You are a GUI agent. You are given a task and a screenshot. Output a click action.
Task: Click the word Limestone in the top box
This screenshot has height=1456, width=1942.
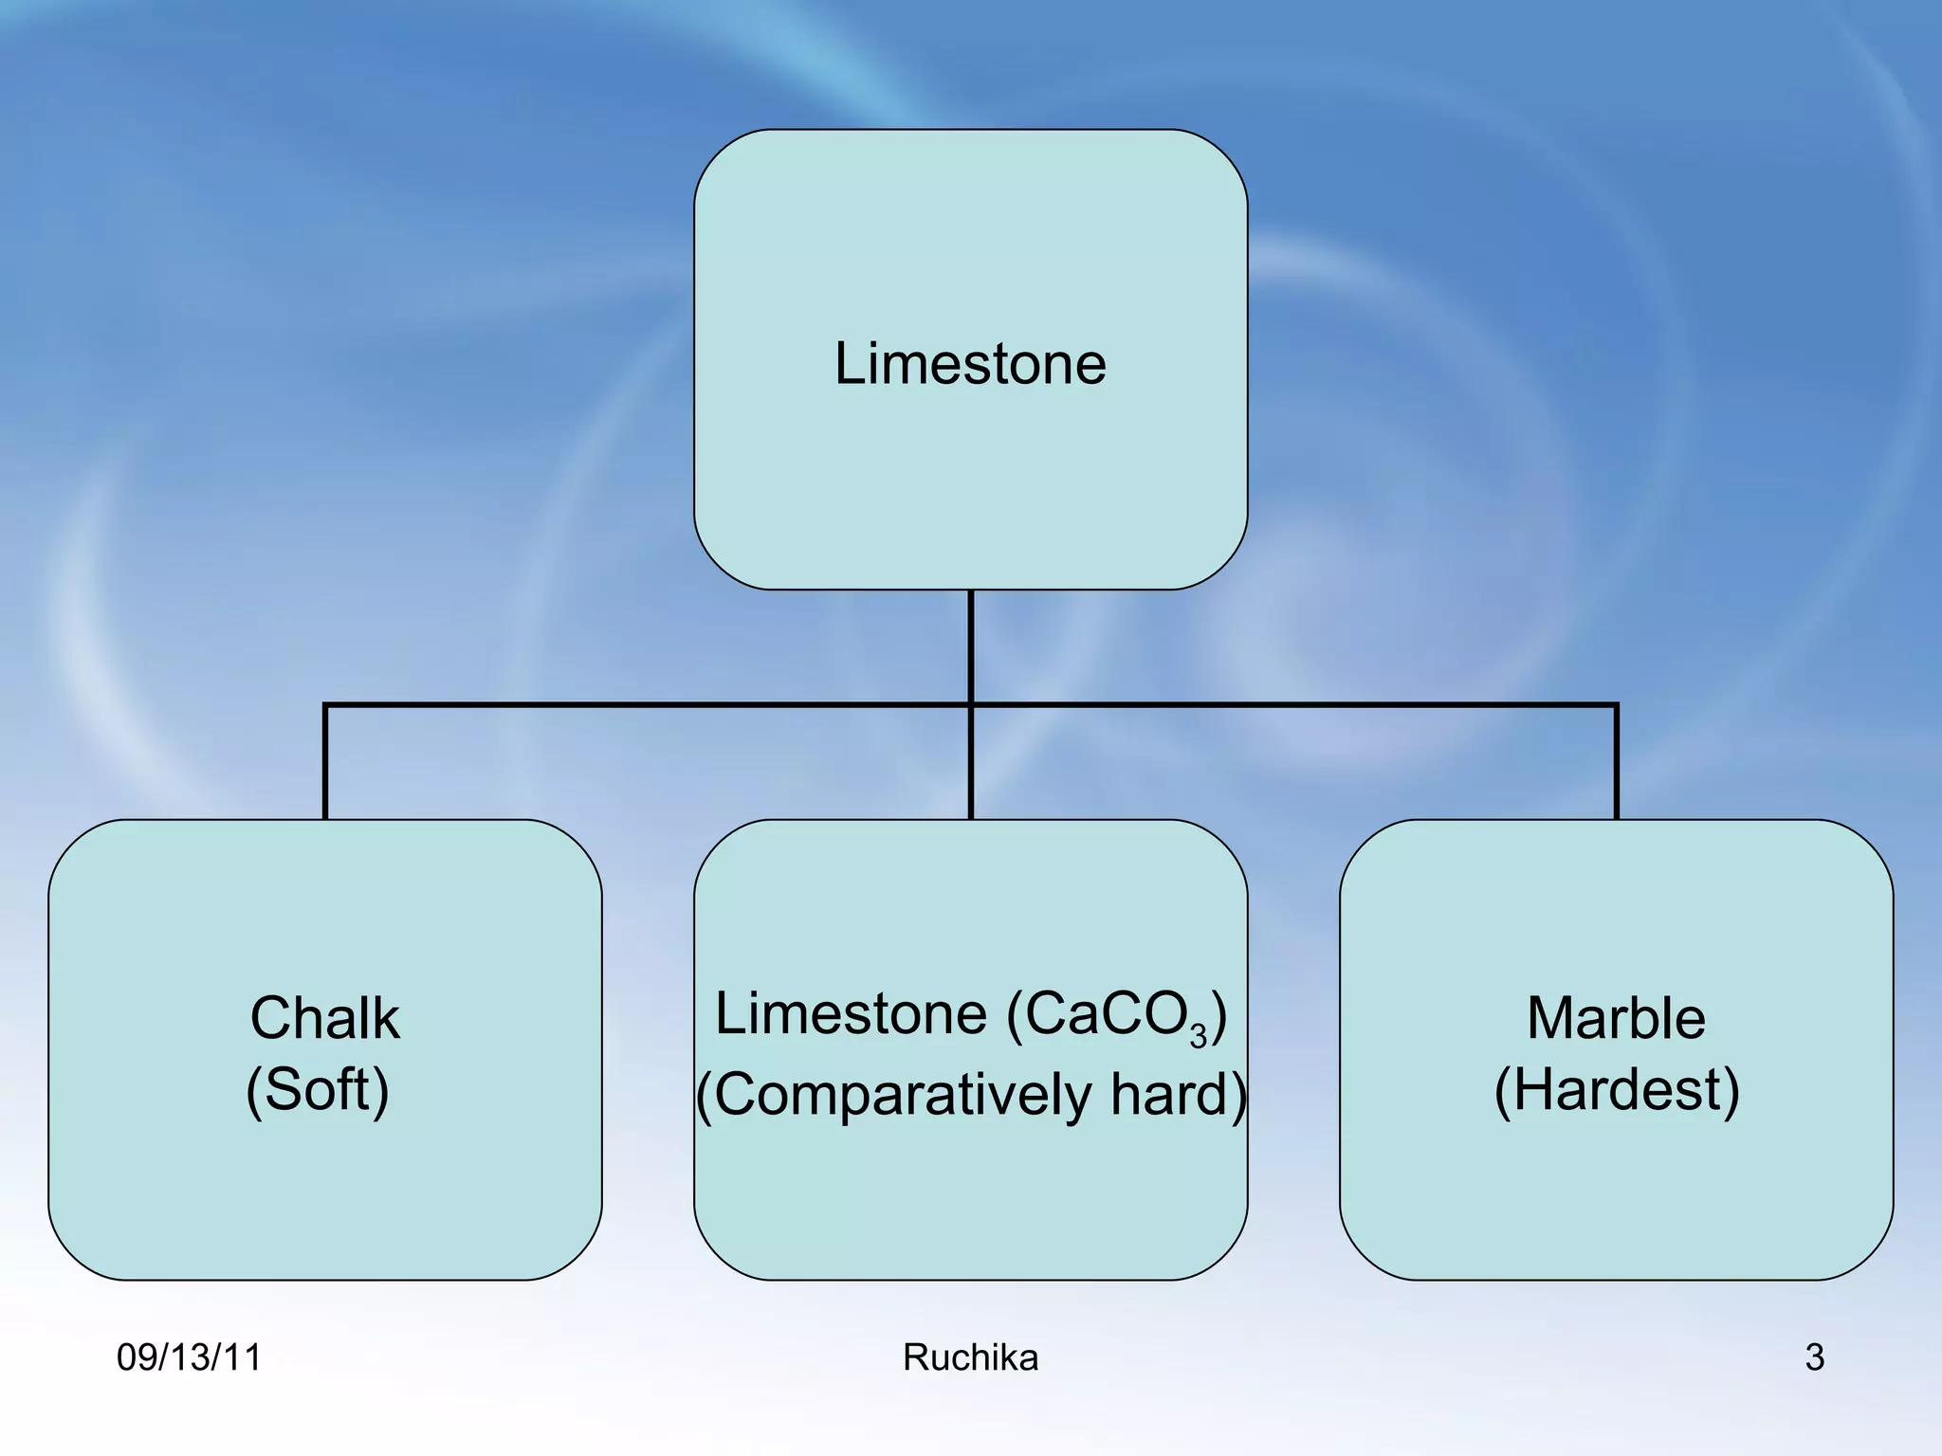point(970,363)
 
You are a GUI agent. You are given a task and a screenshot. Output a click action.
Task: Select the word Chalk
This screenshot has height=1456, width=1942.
point(324,1018)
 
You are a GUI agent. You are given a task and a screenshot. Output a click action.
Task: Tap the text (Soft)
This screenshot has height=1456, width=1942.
point(318,1090)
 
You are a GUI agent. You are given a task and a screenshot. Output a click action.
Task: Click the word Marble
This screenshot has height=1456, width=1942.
point(1616,1018)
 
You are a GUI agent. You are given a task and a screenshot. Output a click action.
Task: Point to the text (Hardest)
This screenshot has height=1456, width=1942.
point(1616,1090)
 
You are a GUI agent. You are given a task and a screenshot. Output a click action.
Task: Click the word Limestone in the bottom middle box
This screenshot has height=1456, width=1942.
point(851,1014)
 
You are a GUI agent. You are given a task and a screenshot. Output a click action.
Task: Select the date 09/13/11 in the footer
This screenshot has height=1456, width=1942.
point(189,1357)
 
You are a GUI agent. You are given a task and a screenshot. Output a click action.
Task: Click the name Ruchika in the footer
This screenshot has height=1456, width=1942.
point(970,1357)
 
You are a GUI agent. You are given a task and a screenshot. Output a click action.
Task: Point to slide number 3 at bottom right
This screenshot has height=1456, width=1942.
point(1814,1357)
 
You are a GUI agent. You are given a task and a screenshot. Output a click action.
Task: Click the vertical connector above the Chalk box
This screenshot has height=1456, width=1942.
point(325,763)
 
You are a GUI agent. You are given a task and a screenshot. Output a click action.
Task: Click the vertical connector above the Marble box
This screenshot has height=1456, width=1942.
point(1616,763)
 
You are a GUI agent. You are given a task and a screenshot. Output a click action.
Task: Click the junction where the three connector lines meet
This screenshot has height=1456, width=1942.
point(971,705)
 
